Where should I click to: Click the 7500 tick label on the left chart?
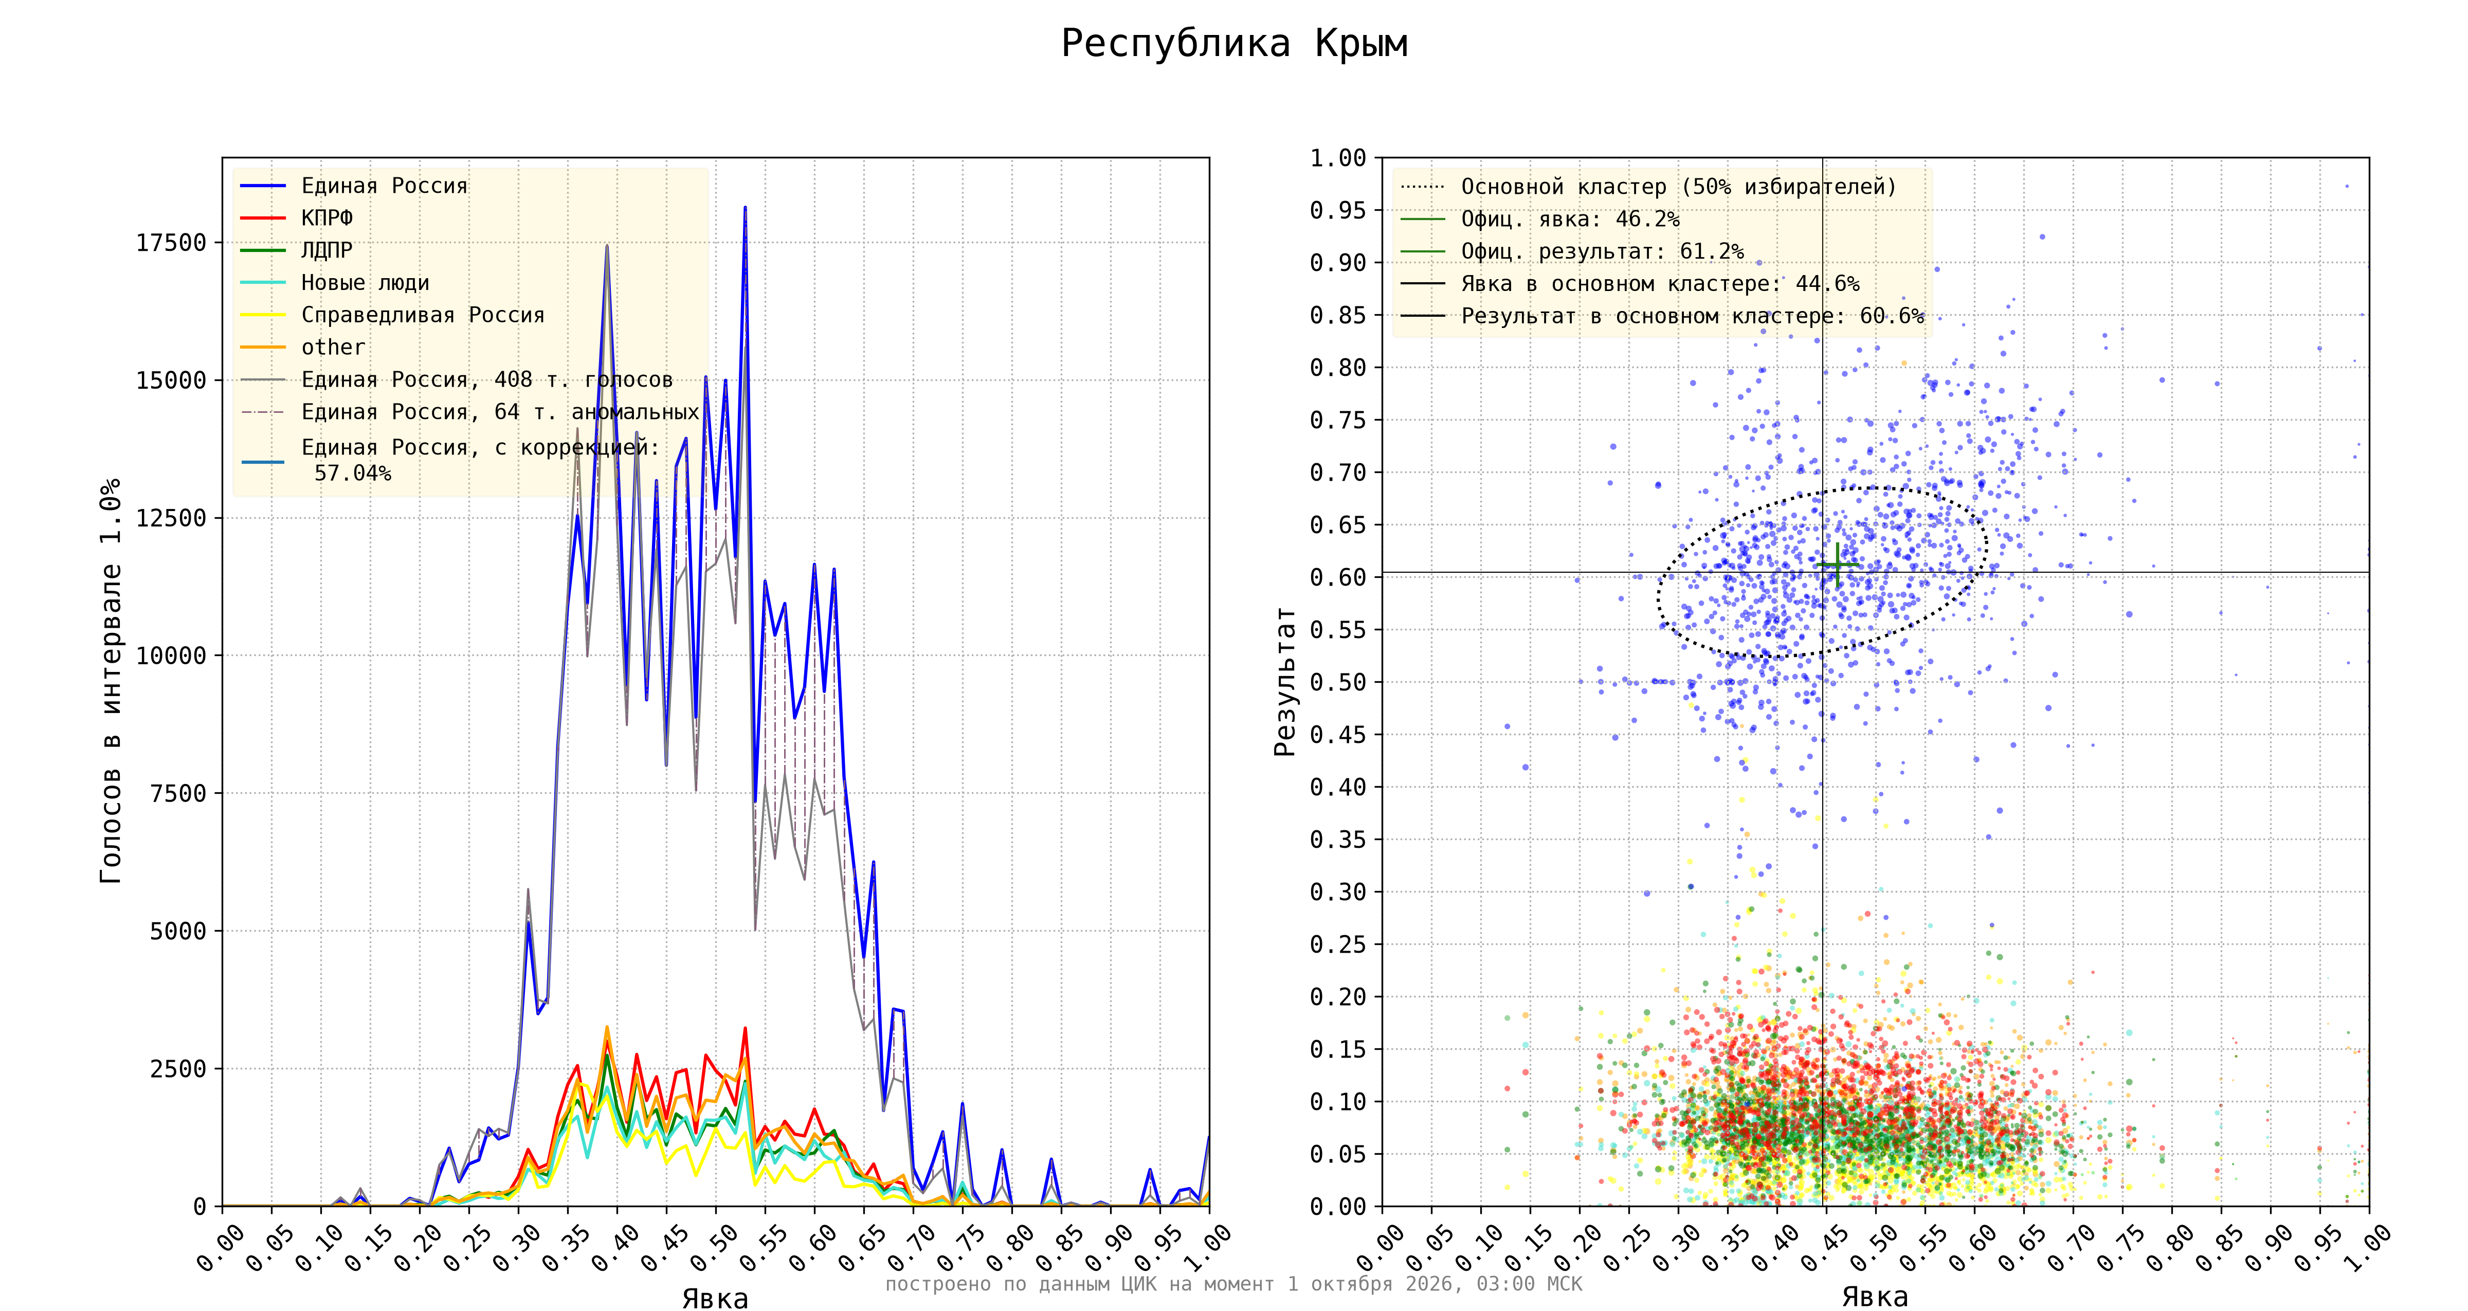click(x=178, y=793)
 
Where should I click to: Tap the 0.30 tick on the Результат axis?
click(x=1338, y=891)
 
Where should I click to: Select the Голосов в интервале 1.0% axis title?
click(x=111, y=680)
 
